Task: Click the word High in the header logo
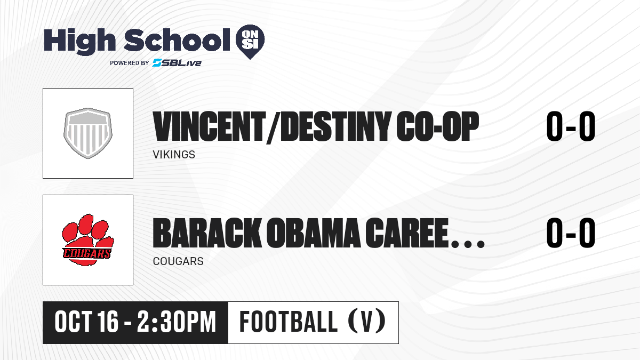[x=80, y=42]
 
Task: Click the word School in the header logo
[x=177, y=40]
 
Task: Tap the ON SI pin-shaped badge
[x=250, y=42]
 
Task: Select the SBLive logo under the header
[x=177, y=62]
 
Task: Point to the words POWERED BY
[x=130, y=63]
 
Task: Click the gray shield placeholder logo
[x=88, y=133]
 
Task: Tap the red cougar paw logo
[x=88, y=240]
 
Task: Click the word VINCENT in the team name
[x=210, y=126]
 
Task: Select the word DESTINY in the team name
[x=336, y=126]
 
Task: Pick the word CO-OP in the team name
[x=437, y=126]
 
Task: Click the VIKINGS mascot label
[x=174, y=155]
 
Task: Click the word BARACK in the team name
[x=207, y=233]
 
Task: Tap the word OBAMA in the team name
[x=313, y=233]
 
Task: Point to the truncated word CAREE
[x=406, y=233]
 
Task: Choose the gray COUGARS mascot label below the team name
[x=178, y=261]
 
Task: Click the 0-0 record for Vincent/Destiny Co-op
[x=571, y=126]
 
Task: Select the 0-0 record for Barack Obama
[x=571, y=233]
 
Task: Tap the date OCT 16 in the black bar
[x=86, y=322]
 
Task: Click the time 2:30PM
[x=177, y=322]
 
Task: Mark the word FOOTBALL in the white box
[x=289, y=322]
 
